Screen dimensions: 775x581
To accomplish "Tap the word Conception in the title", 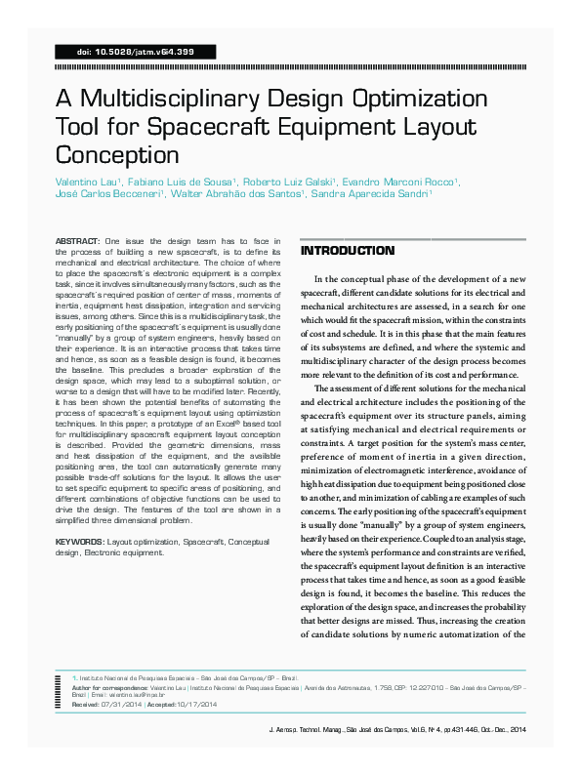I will [117, 155].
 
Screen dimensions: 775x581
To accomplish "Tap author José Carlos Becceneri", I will [107, 194].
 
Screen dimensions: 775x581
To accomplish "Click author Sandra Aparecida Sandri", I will [368, 194].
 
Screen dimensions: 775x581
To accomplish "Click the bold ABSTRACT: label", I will [77, 240].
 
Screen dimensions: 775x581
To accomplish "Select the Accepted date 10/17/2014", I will [201, 703].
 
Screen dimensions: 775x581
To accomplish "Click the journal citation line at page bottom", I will [396, 730].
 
